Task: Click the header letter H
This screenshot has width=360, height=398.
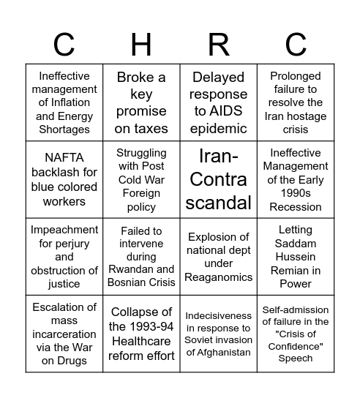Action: pos(142,45)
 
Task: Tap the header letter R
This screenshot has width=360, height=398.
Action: pos(219,45)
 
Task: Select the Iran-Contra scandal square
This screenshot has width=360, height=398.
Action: pos(219,180)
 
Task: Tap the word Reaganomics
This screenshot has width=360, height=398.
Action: pos(219,277)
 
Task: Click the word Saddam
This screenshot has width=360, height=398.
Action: pos(296,244)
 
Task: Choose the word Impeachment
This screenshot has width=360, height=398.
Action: pos(64,230)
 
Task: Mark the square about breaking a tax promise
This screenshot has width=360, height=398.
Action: pos(142,102)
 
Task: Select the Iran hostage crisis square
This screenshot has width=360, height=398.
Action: pos(296,102)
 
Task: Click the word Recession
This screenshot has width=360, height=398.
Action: pos(296,207)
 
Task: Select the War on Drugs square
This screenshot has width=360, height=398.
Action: pos(64,334)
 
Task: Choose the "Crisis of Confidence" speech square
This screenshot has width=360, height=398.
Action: pos(296,334)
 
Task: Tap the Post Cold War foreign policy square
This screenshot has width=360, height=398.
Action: pos(142,180)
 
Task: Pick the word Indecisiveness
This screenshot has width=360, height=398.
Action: pos(219,315)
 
